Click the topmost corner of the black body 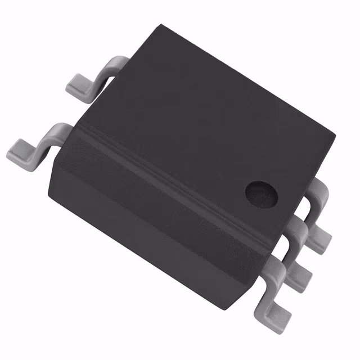(160, 25)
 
